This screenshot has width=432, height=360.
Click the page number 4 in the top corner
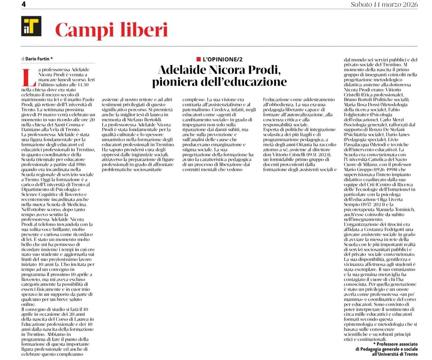point(24,4)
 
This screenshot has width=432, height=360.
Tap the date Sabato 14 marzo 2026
point(384,4)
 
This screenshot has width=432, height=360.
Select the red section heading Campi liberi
point(111,30)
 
